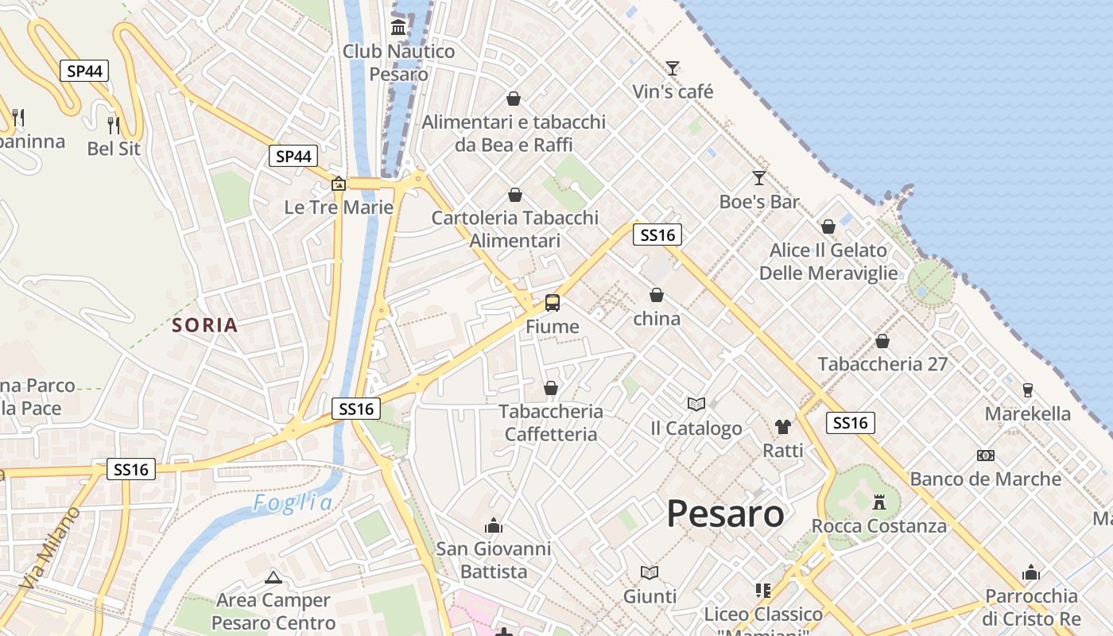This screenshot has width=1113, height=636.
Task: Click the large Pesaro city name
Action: [725, 514]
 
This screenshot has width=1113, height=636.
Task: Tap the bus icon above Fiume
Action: [552, 303]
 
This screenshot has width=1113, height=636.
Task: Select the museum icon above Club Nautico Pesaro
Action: [398, 29]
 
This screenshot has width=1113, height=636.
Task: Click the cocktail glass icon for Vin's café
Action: [673, 68]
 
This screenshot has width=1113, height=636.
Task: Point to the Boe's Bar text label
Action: [759, 202]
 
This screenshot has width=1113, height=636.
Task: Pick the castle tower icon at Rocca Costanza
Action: [878, 502]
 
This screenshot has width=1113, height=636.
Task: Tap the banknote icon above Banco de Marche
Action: [986, 456]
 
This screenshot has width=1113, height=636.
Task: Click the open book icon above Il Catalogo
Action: [696, 405]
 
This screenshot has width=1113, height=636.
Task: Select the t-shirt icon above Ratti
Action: [783, 427]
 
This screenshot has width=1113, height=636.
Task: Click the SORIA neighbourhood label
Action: [205, 325]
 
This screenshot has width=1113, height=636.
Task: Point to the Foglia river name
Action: [293, 503]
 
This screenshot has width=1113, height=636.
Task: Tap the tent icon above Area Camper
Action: [273, 577]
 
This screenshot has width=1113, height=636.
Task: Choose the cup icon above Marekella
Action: [1028, 390]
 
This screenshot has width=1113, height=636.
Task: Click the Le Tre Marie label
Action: [339, 207]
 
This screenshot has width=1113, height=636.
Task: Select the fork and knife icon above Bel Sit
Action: [114, 125]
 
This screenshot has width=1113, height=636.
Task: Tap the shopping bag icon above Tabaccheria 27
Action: [882, 341]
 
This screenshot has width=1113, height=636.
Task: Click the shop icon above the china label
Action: [657, 296]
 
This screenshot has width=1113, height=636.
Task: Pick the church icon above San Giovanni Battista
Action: [494, 525]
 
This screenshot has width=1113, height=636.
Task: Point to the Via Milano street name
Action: [52, 548]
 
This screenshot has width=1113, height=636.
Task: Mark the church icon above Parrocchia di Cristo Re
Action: [1031, 572]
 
